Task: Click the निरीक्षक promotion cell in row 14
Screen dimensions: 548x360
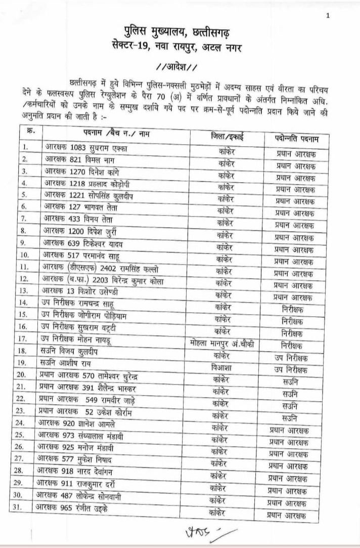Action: (x=292, y=309)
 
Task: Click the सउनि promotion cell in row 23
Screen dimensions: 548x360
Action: (x=290, y=418)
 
